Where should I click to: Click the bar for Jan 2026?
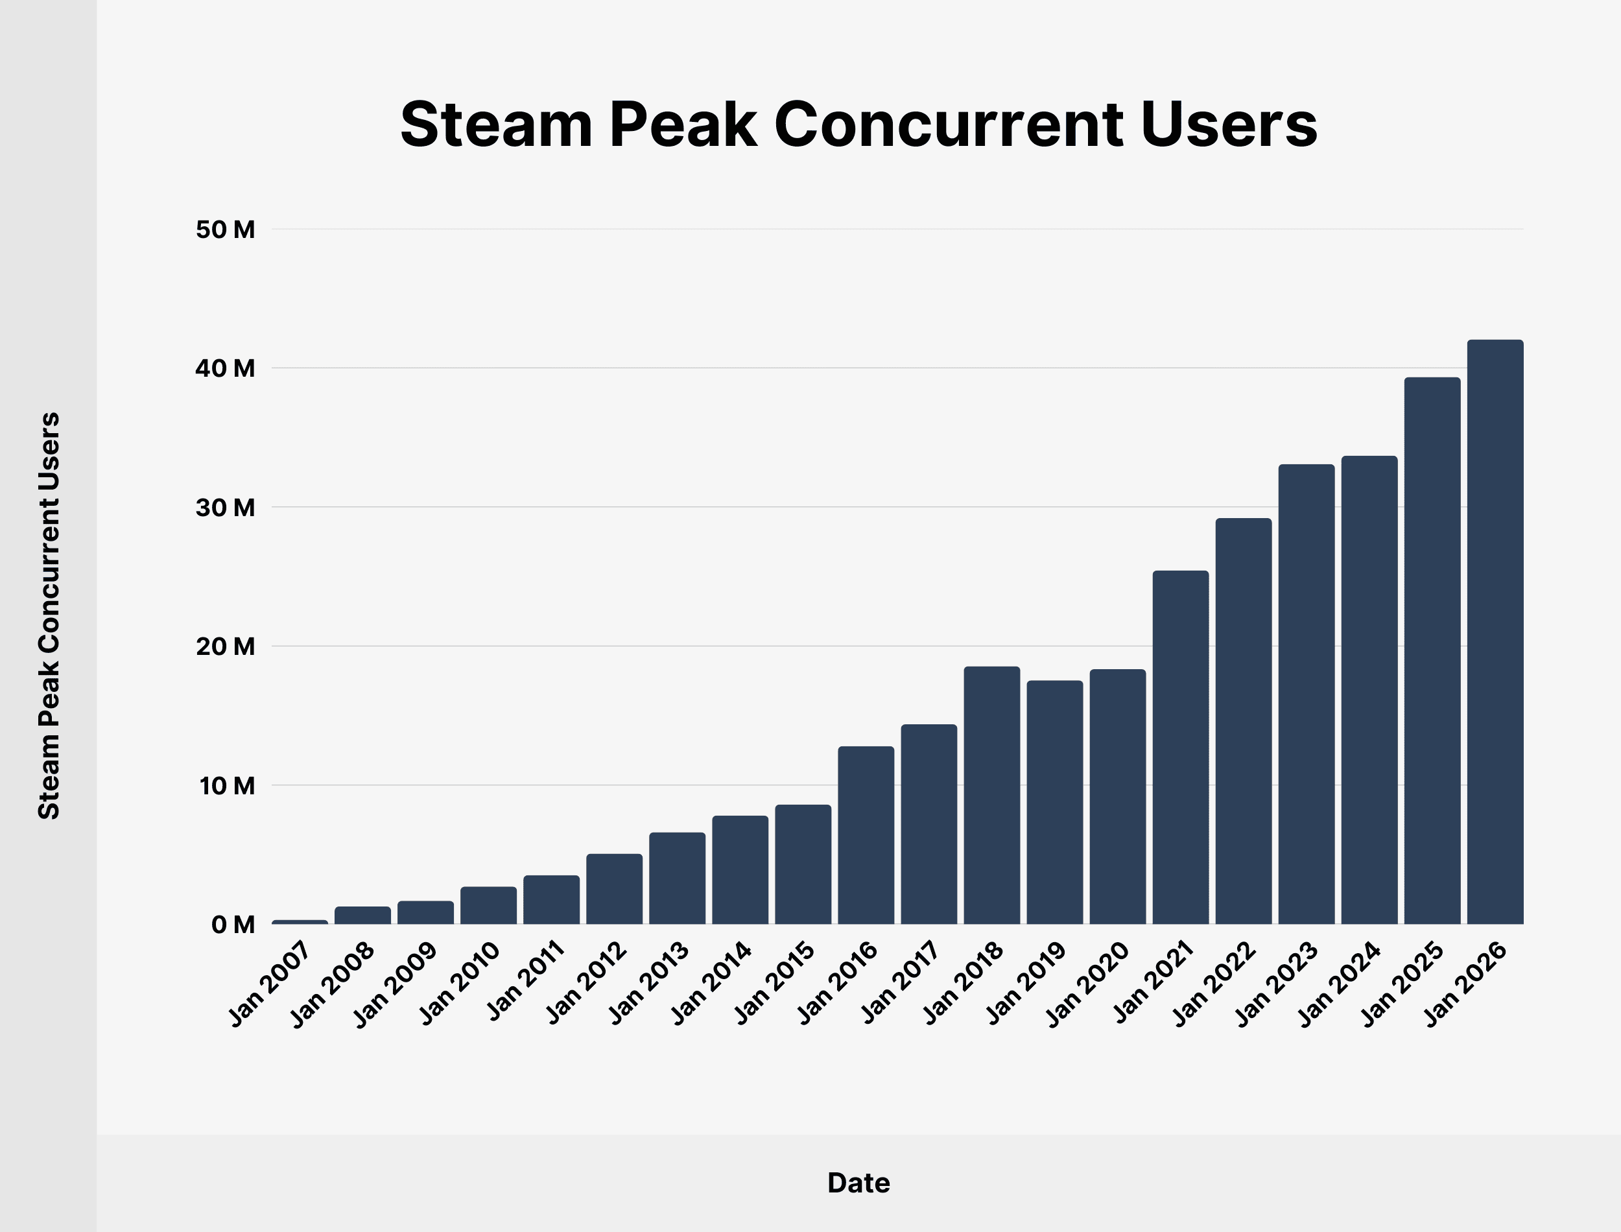(1495, 632)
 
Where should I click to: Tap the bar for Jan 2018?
(991, 795)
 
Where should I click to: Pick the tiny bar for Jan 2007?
(300, 922)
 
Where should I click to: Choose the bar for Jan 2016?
(866, 835)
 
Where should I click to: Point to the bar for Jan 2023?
(1307, 694)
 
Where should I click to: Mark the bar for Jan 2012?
(615, 889)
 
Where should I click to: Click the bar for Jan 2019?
(1054, 802)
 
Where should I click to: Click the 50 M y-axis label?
(225, 230)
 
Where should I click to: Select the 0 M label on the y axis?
(232, 925)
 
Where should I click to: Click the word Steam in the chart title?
(495, 124)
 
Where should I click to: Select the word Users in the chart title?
(1229, 124)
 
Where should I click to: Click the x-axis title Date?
(858, 1183)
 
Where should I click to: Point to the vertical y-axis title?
(49, 616)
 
